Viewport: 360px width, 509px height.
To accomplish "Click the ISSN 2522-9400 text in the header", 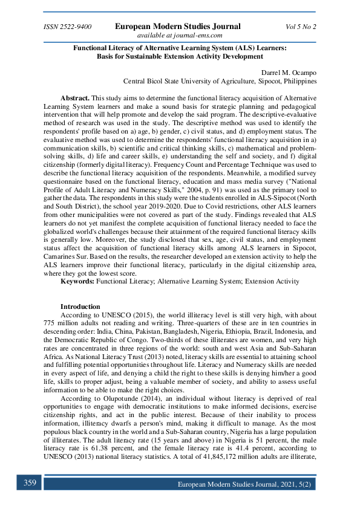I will pyautogui.click(x=68, y=27).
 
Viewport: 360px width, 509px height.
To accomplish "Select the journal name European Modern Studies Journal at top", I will pyautogui.click(x=177, y=27).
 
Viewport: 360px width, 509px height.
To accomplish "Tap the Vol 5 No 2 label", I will pyautogui.click(x=301, y=27).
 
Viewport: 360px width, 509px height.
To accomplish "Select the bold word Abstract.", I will pyautogui.click(x=75, y=98).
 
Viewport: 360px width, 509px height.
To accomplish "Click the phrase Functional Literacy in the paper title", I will pyautogui.click(x=106, y=47).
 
